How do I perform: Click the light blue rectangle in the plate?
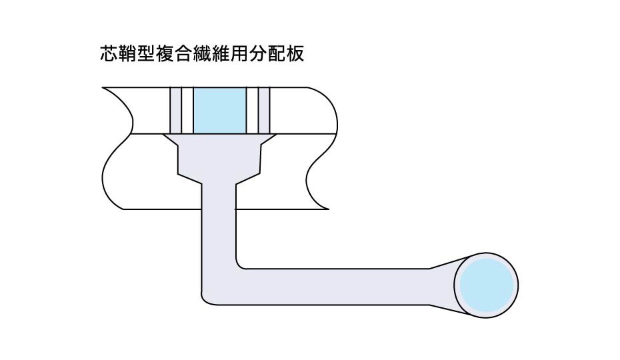(x=219, y=110)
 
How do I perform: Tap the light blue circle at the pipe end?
(x=487, y=286)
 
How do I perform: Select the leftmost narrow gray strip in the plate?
(x=175, y=110)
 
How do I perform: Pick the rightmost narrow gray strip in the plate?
(x=264, y=110)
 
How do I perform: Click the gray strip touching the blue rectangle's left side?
(x=187, y=110)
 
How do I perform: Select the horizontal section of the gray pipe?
(x=333, y=286)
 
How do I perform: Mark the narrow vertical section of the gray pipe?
(x=219, y=227)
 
